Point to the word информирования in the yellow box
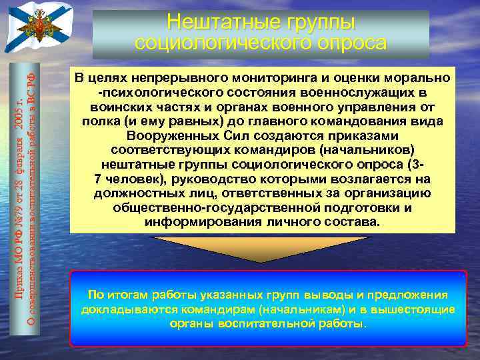pyautogui.click(x=197, y=222)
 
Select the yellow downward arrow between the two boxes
pyautogui.click(x=262, y=248)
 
